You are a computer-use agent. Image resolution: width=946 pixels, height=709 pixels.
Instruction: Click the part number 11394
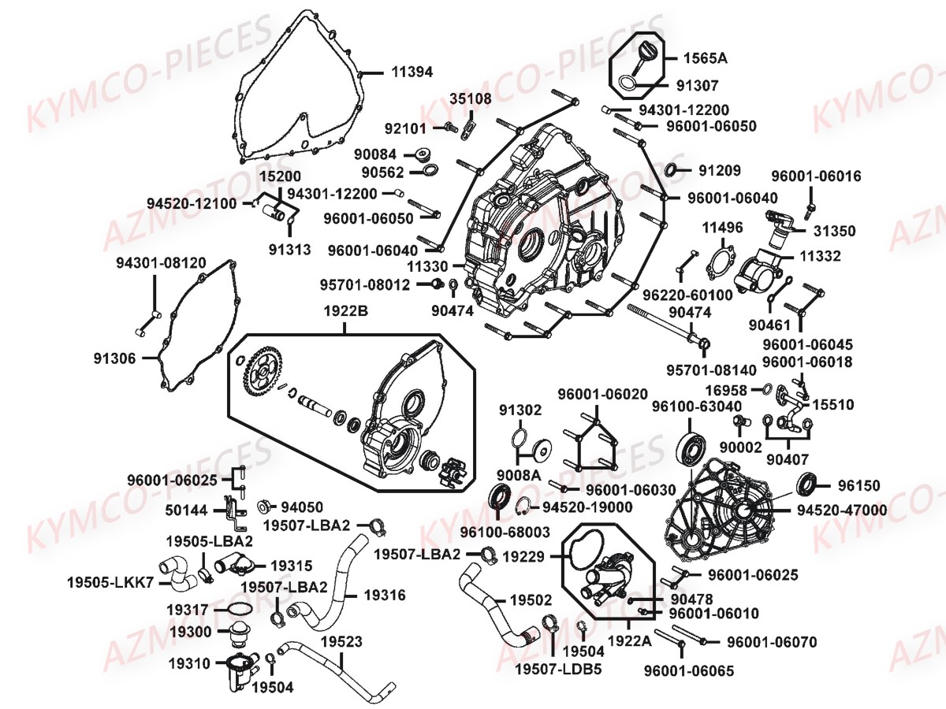(x=412, y=72)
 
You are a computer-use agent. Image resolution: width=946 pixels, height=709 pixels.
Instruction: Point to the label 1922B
(x=344, y=310)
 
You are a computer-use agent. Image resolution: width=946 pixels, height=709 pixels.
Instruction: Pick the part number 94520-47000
(x=841, y=510)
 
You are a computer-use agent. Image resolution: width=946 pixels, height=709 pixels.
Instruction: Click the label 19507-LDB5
(x=558, y=670)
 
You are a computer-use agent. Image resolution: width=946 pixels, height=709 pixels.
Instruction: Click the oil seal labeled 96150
(x=809, y=483)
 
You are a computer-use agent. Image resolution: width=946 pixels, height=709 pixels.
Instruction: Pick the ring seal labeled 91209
(x=675, y=170)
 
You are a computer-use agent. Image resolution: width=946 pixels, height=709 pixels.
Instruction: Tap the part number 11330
(x=430, y=267)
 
